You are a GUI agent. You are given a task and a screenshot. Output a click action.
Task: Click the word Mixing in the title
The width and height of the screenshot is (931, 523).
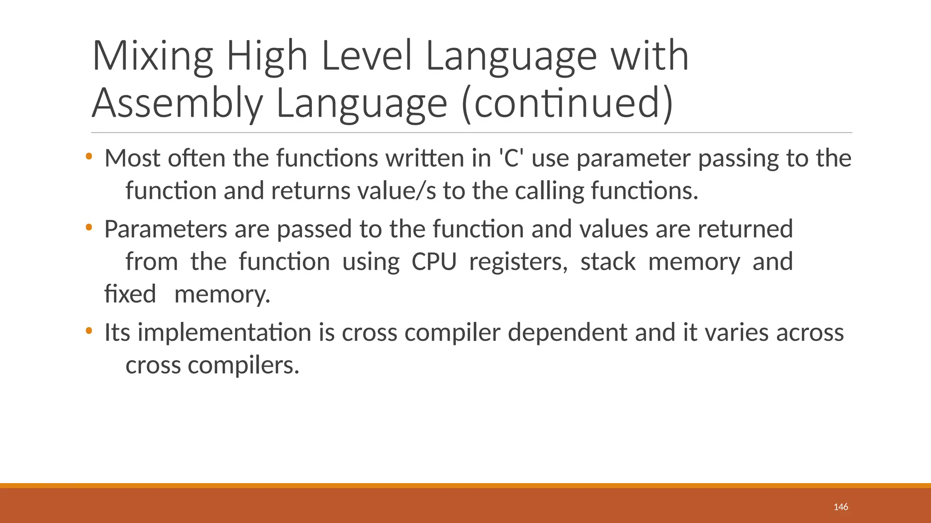(152, 56)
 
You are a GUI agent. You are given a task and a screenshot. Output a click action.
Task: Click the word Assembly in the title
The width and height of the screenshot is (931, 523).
(177, 104)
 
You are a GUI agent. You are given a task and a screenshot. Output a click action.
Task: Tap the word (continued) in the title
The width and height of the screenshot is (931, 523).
(567, 104)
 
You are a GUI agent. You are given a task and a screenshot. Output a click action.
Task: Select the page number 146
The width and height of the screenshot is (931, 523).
(841, 507)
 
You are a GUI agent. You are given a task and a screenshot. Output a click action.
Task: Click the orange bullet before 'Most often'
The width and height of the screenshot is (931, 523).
(89, 157)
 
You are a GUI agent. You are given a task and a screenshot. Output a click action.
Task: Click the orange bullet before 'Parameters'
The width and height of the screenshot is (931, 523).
(89, 227)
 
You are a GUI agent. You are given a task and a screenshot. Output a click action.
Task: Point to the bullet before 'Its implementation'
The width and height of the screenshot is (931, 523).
(89, 331)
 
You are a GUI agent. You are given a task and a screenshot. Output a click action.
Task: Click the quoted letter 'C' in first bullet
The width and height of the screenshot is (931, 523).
(511, 158)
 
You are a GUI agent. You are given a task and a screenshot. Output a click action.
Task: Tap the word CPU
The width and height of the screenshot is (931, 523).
(434, 262)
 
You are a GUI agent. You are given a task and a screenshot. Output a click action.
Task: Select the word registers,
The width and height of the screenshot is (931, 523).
(518, 262)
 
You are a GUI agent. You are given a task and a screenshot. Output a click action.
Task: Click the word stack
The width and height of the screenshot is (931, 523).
(608, 262)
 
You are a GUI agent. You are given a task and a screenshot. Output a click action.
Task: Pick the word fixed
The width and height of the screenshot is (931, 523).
(130, 294)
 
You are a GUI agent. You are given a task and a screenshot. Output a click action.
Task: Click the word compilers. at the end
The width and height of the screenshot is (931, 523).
(244, 365)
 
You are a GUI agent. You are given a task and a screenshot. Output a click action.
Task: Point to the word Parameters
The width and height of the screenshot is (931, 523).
(165, 229)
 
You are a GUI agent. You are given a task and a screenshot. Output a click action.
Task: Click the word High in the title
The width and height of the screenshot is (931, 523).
(267, 56)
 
